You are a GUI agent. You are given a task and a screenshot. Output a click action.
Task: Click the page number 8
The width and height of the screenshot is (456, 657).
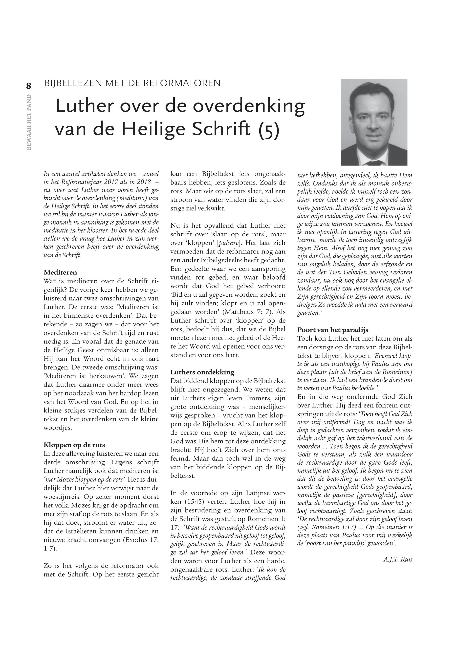(29, 85)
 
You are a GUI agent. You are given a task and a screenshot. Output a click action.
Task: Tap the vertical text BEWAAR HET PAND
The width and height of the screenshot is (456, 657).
(29, 122)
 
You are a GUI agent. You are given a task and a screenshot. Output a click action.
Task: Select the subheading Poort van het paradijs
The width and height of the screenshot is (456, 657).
(333, 330)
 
